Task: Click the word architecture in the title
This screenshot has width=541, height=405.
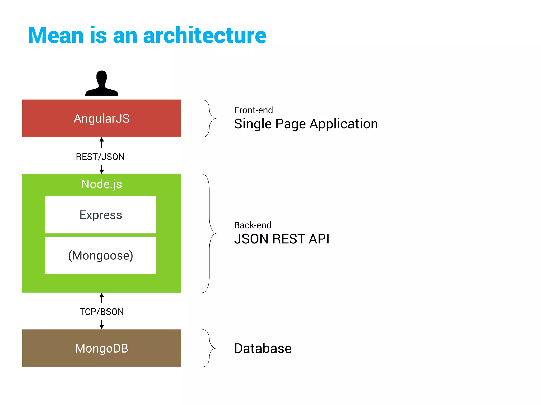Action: point(205,36)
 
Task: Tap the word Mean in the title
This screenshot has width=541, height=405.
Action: point(56,36)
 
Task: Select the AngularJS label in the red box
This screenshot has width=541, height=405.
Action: point(102,118)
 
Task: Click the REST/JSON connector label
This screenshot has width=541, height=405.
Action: point(100,157)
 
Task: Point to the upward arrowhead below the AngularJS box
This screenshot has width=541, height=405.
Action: point(102,140)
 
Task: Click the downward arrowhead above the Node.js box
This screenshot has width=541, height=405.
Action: point(102,171)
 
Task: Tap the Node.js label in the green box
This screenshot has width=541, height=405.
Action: point(102,184)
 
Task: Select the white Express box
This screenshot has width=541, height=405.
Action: point(101,215)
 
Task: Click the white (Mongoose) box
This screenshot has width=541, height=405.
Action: point(101,255)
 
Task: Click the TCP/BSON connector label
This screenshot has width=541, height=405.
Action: point(102,312)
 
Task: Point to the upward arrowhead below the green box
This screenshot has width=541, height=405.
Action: point(102,295)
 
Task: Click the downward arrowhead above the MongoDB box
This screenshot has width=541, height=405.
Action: point(102,327)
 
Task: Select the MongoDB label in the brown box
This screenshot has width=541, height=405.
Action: point(102,348)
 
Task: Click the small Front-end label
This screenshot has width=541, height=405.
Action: point(253,110)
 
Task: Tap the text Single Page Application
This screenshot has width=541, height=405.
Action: point(306,124)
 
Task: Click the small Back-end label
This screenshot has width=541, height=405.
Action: point(253,225)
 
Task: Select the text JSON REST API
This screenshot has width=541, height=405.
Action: point(282,239)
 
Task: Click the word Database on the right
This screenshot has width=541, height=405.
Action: point(263,348)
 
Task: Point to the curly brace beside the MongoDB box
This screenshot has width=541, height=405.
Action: point(210,348)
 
